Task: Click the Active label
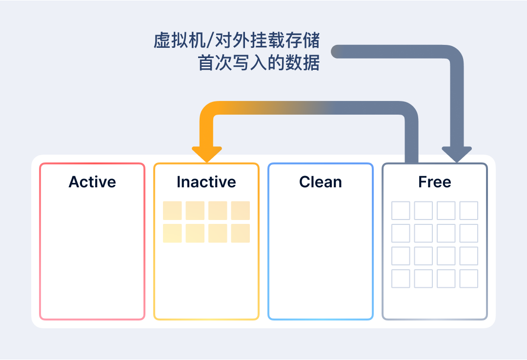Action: [92, 182]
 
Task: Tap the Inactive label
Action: [206, 182]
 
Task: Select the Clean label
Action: [321, 182]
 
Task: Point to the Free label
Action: [435, 182]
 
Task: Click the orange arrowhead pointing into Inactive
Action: [207, 154]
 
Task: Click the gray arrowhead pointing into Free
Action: [457, 154]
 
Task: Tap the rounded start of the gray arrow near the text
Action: [337, 51]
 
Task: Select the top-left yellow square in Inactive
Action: [172, 210]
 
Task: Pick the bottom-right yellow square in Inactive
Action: [240, 233]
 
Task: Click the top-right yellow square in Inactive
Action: [240, 210]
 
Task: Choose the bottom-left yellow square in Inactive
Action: [172, 233]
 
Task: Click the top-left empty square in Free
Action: [401, 210]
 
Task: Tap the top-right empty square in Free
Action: [469, 210]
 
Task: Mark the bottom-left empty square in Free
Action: [401, 279]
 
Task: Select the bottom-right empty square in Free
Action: [469, 279]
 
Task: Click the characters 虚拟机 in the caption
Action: [180, 40]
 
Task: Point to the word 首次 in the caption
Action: [215, 63]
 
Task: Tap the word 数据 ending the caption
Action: [303, 63]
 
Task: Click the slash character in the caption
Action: [210, 40]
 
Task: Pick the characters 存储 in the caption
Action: [303, 40]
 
